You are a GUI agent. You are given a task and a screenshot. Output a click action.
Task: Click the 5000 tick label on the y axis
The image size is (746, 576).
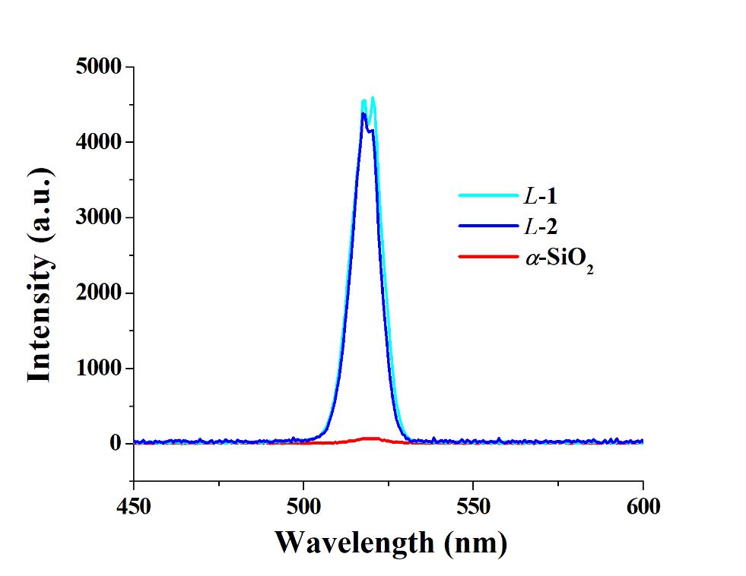(99, 67)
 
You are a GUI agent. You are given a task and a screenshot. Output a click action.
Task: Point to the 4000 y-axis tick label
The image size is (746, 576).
(99, 142)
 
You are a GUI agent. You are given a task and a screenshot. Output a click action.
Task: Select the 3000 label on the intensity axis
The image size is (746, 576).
(99, 218)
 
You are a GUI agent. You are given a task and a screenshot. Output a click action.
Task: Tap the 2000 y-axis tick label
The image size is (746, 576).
(99, 293)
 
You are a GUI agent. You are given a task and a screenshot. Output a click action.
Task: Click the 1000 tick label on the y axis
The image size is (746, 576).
(99, 369)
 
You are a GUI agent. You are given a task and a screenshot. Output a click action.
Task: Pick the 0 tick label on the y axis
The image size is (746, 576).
(116, 444)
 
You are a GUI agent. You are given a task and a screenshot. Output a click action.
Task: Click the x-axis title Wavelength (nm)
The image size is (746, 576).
(389, 543)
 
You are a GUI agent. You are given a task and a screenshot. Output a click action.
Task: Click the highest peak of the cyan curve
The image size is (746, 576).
(373, 98)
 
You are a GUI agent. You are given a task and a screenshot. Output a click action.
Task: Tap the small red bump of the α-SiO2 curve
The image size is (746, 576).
(371, 438)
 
